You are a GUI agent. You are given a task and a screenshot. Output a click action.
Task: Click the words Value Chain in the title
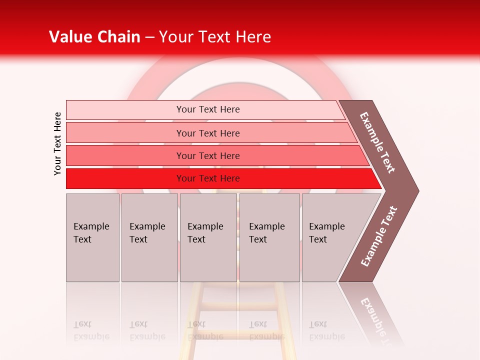[x=94, y=37]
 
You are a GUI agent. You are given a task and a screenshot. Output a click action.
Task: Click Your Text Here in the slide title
[x=215, y=37]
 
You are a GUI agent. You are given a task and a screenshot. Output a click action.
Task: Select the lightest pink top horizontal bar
[x=125, y=110]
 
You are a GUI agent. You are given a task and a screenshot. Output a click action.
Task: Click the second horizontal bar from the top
[x=125, y=133]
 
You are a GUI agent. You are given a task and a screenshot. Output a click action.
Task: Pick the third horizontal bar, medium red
[x=125, y=156]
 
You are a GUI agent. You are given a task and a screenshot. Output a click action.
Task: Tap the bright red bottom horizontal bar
[x=125, y=178]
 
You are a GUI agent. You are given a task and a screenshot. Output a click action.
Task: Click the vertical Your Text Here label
[x=57, y=143]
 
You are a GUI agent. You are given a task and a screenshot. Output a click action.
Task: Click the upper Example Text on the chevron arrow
[x=377, y=142]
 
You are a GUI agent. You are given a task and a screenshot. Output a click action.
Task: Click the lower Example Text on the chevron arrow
[x=379, y=236]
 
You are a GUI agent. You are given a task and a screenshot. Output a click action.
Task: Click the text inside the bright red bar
[x=208, y=178]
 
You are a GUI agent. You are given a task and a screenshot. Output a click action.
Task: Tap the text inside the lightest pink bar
[x=208, y=109]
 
